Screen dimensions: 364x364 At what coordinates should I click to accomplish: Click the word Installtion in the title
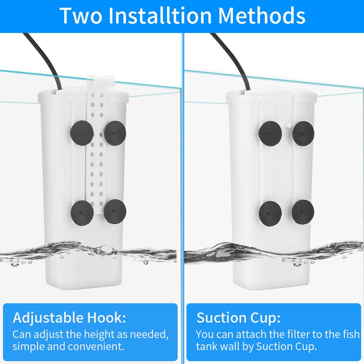click(161, 15)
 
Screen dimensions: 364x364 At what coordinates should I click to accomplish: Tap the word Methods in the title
click(262, 15)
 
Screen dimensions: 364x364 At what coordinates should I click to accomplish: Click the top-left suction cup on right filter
click(271, 133)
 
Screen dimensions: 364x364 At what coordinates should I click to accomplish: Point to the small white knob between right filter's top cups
click(288, 126)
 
